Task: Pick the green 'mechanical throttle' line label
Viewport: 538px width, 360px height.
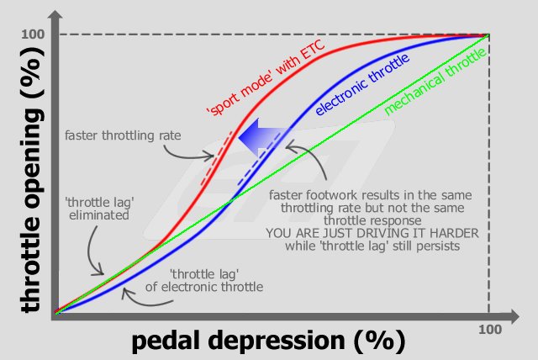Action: click(x=435, y=82)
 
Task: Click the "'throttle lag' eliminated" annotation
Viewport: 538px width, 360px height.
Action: click(x=98, y=209)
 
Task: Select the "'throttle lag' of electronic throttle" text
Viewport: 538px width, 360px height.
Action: click(x=216, y=281)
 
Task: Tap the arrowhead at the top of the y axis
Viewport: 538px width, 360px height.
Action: click(x=54, y=13)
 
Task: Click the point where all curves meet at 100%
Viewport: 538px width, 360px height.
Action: click(x=488, y=35)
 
